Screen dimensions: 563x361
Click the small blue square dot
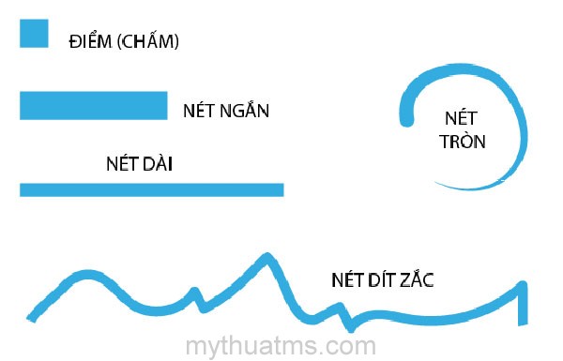33,34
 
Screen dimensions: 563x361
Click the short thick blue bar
93,105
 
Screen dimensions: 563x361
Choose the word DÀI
157,165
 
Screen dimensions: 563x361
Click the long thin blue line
151,189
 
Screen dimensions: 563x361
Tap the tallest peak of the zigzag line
267,257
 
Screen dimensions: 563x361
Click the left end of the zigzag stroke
33,317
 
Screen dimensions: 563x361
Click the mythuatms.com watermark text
281,346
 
